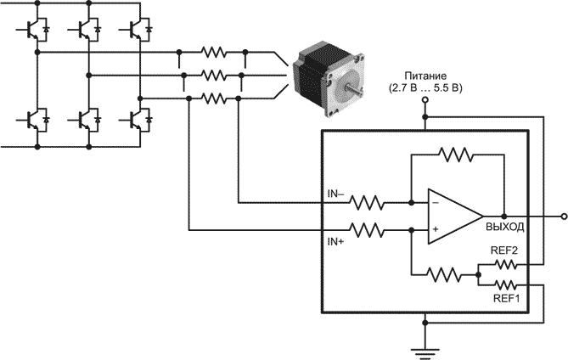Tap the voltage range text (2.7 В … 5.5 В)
click(425, 88)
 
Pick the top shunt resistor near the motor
click(212, 53)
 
